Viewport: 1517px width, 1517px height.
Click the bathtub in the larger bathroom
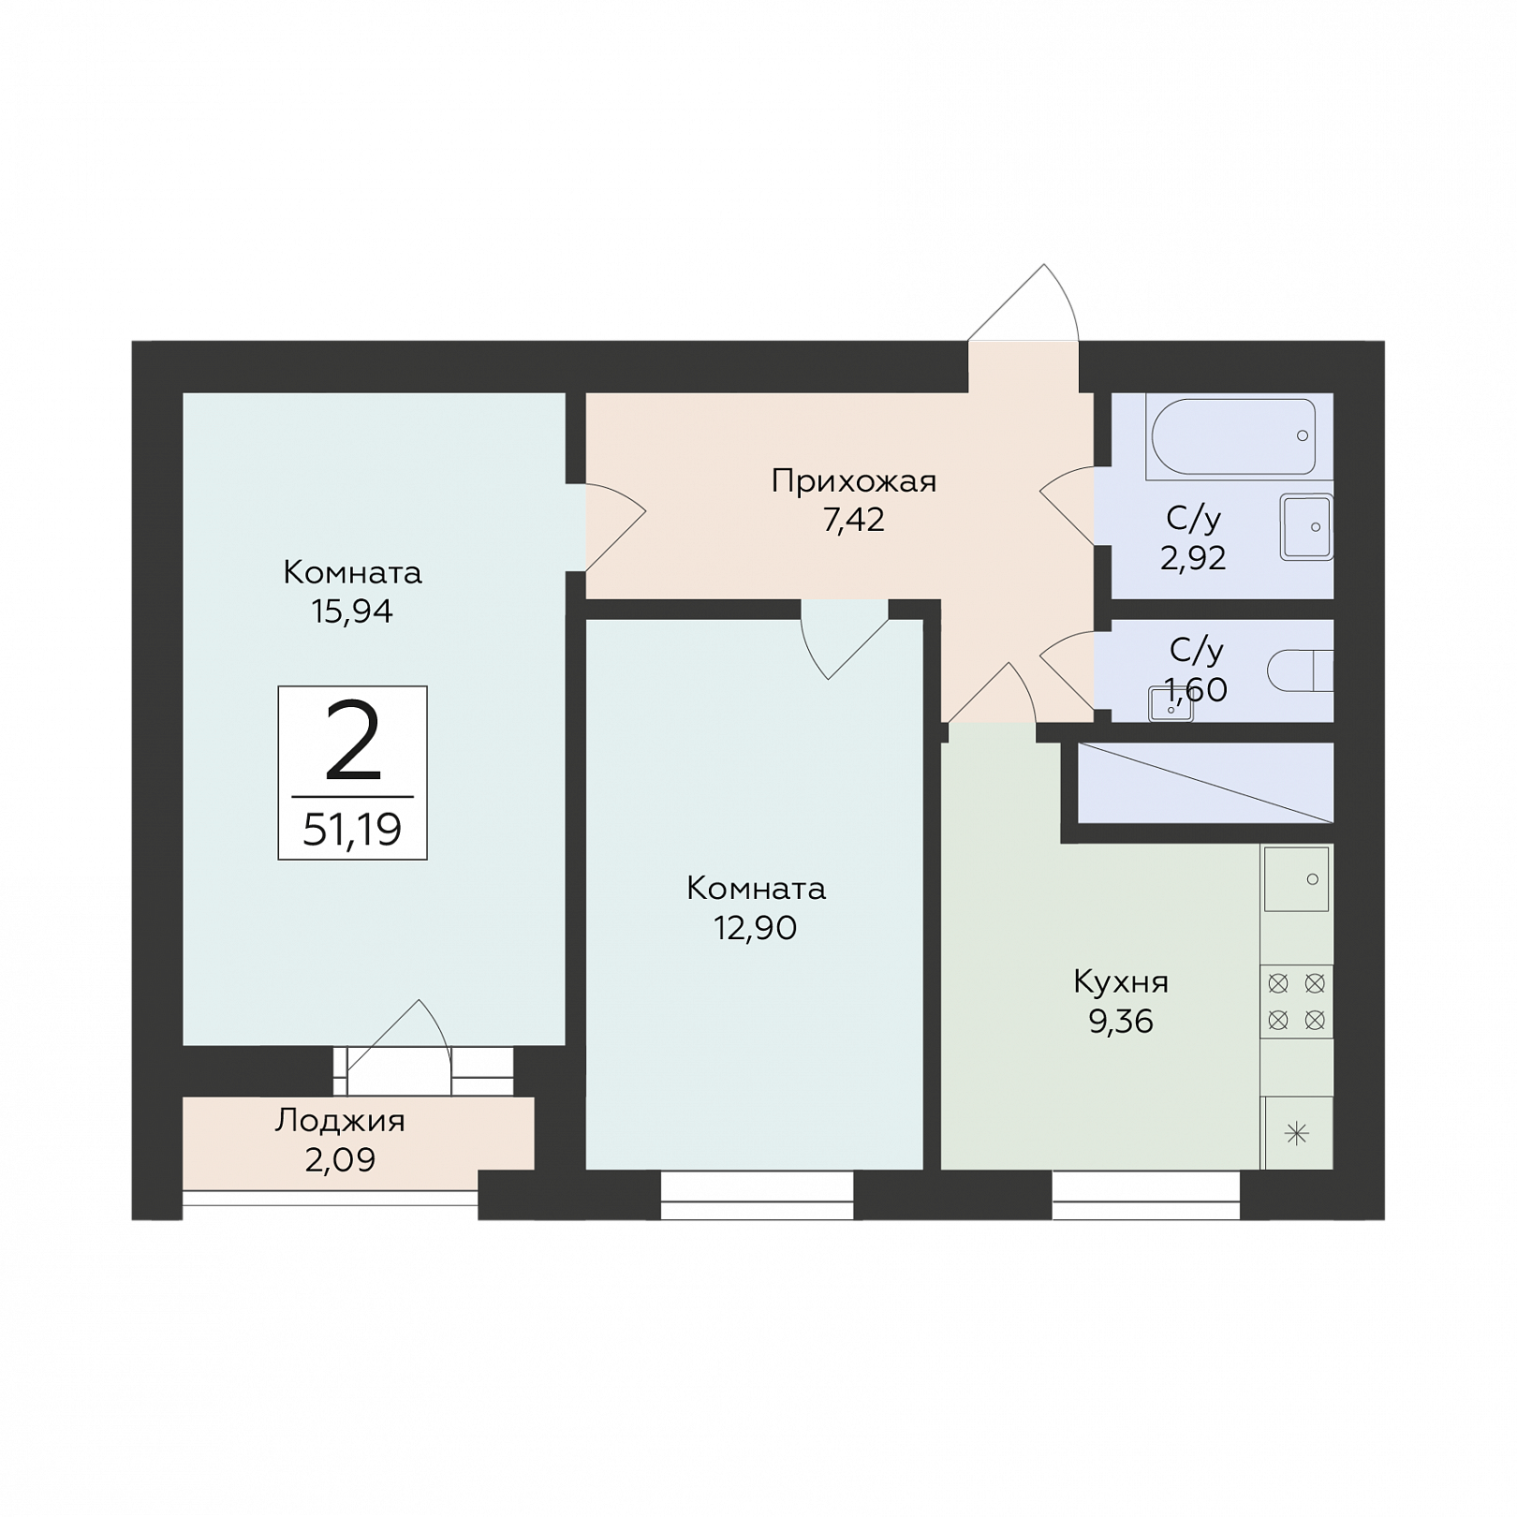click(x=1233, y=436)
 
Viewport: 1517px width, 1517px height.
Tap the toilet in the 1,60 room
click(x=1301, y=670)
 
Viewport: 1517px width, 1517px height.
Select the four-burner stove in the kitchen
click(x=1297, y=1001)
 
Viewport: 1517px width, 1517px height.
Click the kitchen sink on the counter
click(x=1297, y=878)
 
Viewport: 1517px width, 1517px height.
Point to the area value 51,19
click(x=352, y=829)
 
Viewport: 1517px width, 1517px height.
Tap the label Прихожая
click(x=854, y=481)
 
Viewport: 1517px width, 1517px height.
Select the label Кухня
click(x=1121, y=982)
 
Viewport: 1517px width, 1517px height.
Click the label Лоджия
click(x=340, y=1121)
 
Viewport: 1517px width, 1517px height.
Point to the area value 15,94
click(x=352, y=611)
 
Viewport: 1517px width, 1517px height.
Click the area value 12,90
click(x=756, y=928)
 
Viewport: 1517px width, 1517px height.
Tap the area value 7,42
click(x=854, y=520)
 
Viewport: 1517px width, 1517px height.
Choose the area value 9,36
click(x=1121, y=1022)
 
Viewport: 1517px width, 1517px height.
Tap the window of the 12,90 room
click(x=757, y=1196)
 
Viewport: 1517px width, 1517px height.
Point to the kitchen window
click(x=1145, y=1196)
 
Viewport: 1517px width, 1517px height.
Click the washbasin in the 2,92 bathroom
click(x=1306, y=526)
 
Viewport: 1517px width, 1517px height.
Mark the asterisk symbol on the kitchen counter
click(x=1297, y=1134)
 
